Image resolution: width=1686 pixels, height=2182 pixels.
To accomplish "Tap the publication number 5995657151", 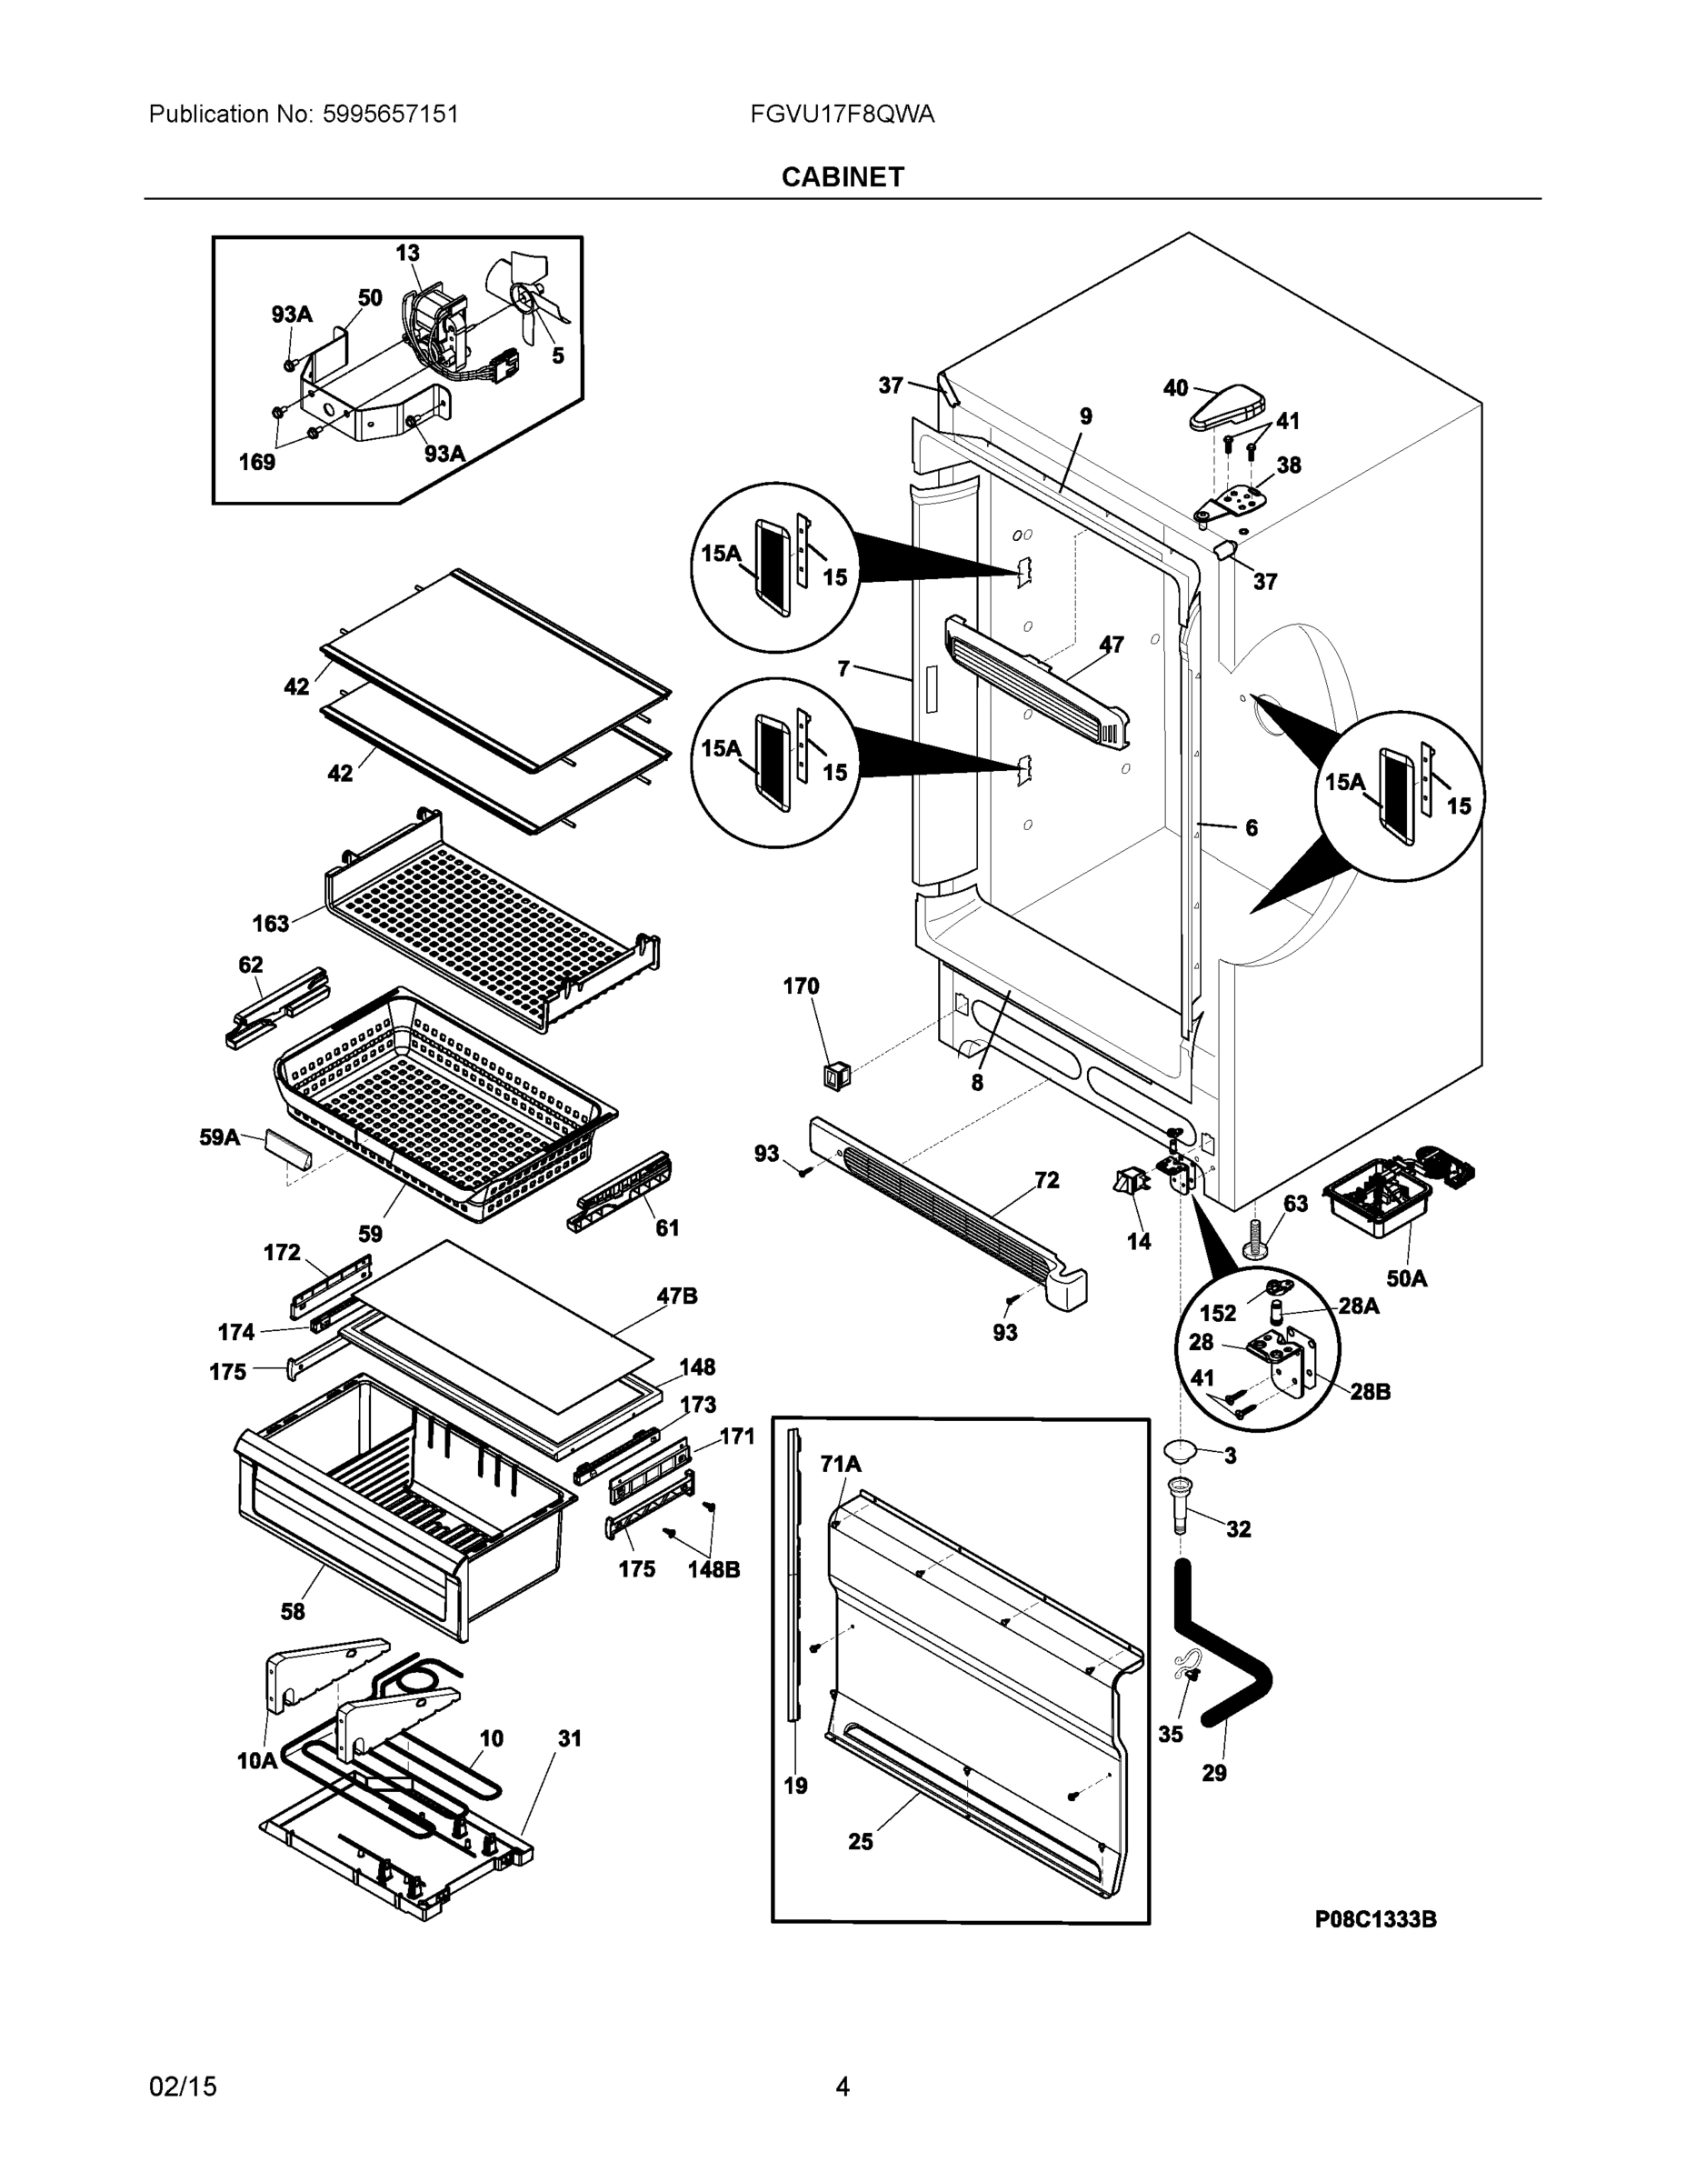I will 391,114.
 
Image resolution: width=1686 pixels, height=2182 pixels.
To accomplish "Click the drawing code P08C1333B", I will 1375,1918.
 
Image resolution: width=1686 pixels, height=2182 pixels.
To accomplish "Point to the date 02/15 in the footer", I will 183,2087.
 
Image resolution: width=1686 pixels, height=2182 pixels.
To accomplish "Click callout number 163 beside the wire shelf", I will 271,923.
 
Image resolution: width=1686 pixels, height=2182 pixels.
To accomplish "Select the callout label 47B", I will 676,1296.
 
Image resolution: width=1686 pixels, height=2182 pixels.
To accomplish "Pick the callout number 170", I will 800,986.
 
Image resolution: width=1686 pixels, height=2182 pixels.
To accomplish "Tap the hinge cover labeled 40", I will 1226,407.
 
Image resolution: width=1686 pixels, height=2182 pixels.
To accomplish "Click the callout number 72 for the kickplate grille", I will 1047,1180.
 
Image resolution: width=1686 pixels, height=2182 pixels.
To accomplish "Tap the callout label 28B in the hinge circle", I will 1370,1391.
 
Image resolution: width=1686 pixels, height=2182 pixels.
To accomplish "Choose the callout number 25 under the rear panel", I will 860,1841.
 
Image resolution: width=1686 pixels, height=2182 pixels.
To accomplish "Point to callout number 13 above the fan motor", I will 407,253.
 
